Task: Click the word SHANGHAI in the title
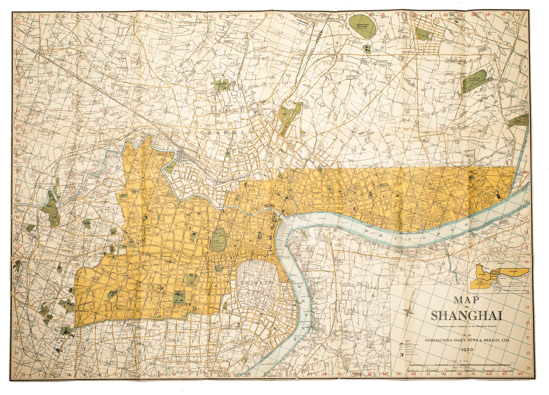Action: pos(466,315)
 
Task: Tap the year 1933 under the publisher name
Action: pos(466,350)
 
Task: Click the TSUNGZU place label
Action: pos(39,102)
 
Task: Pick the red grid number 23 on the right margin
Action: pos(528,368)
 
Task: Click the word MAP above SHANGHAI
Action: pos(466,300)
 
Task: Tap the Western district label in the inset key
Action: pos(482,274)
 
